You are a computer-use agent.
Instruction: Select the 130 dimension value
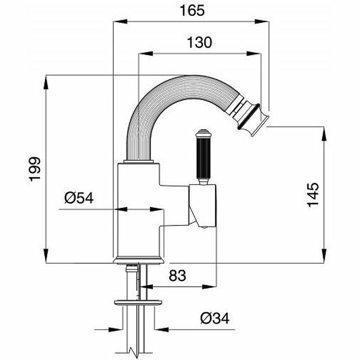(198, 43)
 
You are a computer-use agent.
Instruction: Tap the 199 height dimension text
(35, 169)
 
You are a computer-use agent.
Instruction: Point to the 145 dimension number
(314, 194)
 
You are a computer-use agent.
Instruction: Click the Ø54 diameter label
(79, 198)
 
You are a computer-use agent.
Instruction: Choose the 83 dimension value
(177, 275)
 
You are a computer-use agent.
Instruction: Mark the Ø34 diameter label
(215, 319)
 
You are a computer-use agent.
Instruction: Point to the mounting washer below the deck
(138, 301)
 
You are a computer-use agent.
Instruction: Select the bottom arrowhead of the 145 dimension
(324, 258)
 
